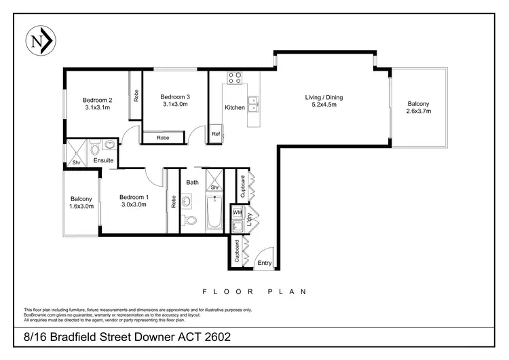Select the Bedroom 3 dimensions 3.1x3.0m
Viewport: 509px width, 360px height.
click(175, 105)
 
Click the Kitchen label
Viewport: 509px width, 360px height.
click(235, 108)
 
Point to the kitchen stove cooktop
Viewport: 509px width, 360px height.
click(235, 77)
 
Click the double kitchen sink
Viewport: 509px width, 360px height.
click(254, 105)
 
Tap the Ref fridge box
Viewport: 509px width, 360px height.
click(216, 133)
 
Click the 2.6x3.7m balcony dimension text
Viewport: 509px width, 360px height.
click(419, 111)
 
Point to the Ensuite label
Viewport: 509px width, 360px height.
click(103, 160)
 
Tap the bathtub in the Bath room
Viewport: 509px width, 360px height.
click(215, 213)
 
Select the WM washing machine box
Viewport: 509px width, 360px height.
click(237, 213)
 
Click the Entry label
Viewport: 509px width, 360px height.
click(264, 263)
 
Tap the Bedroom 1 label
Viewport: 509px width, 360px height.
click(134, 196)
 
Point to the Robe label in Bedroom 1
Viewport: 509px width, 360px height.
click(174, 202)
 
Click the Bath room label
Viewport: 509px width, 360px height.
click(192, 182)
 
